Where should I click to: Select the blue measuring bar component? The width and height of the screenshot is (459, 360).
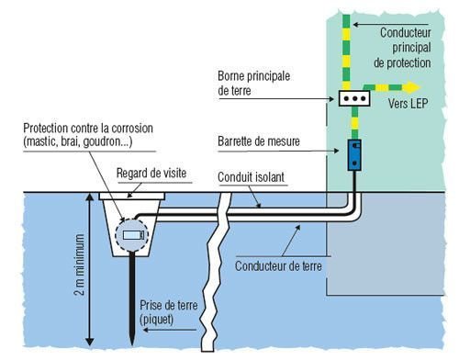pyautogui.click(x=353, y=153)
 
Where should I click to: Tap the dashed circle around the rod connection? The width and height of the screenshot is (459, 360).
pyautogui.click(x=128, y=238)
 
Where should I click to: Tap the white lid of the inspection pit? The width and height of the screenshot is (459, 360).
pyautogui.click(x=129, y=196)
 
